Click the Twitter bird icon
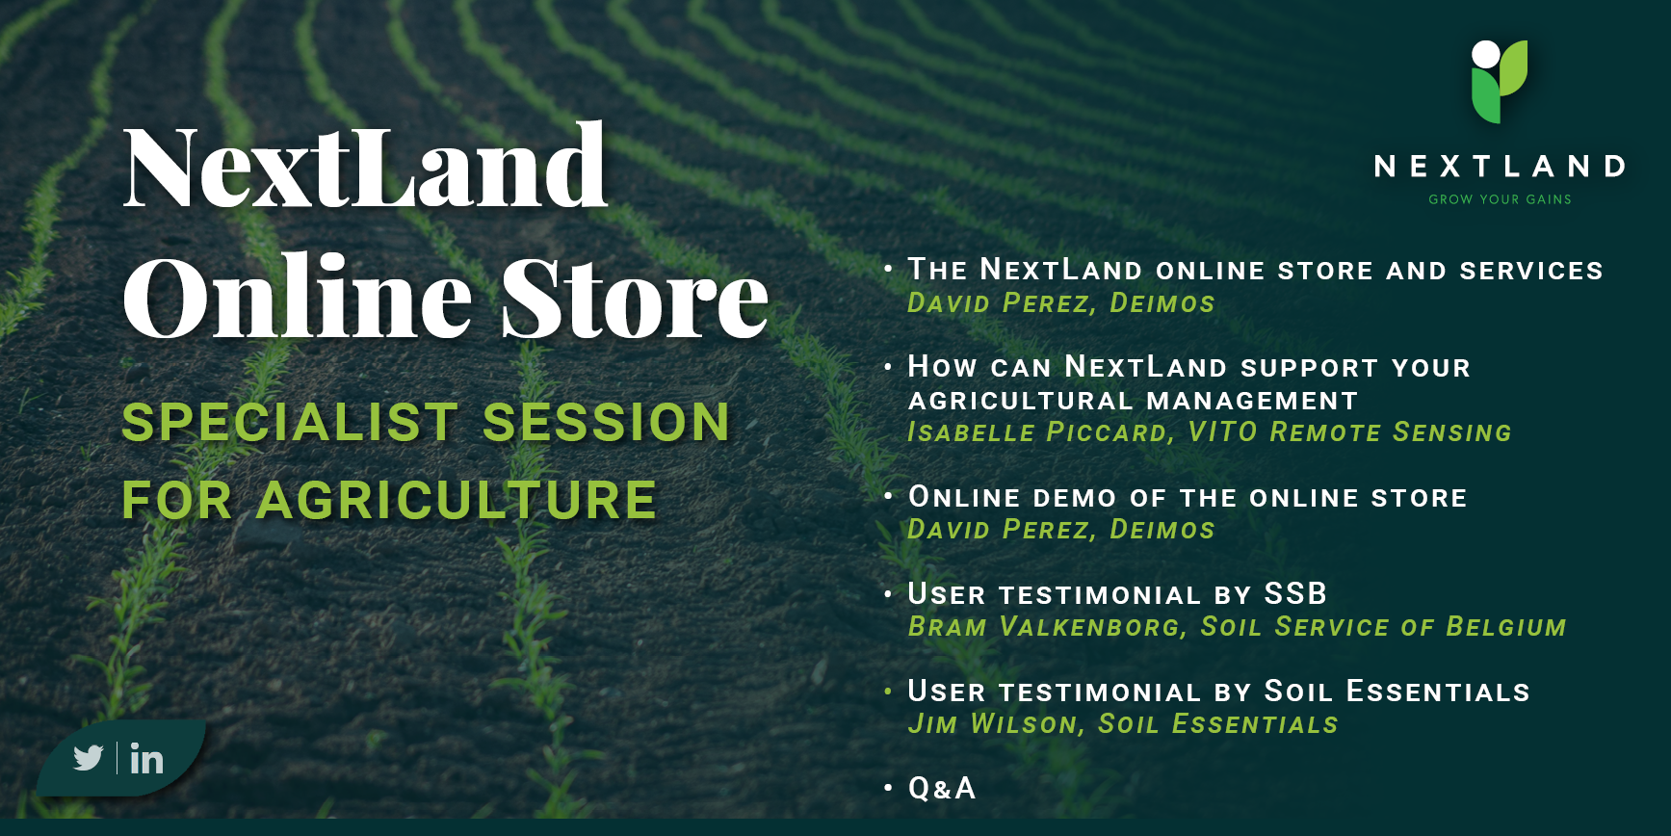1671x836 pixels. coord(88,758)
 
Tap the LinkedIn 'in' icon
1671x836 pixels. coord(146,759)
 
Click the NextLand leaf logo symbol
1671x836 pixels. coord(1500,82)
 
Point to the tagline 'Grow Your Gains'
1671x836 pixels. coord(1500,199)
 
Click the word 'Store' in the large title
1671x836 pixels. coord(635,297)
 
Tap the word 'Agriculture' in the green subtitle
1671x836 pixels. coord(457,500)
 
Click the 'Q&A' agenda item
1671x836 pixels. coord(942,788)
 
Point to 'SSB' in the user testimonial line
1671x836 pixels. coord(1295,593)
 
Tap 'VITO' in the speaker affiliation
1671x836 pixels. coord(1222,431)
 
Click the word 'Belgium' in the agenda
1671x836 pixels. coord(1506,626)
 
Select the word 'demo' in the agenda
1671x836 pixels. coord(1075,498)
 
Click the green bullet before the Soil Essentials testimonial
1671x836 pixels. coord(888,691)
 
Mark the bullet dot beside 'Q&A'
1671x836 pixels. coord(888,788)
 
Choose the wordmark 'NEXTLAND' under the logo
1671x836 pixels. coord(1500,167)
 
